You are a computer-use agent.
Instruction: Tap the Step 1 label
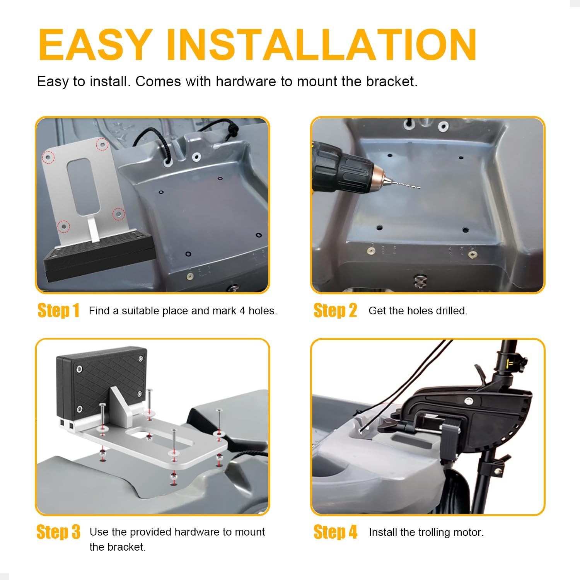58,310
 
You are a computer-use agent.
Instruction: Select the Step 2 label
335,310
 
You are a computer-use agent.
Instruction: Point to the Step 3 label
58,532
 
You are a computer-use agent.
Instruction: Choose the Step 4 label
335,532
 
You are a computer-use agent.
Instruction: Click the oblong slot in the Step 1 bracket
84,187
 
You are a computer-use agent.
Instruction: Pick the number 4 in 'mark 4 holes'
242,311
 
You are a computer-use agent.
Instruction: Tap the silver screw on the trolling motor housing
469,401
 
